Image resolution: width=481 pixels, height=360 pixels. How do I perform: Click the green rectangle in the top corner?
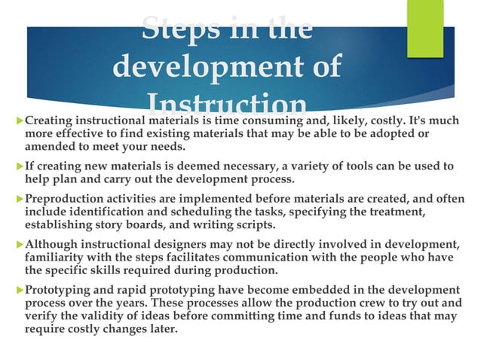[x=425, y=28]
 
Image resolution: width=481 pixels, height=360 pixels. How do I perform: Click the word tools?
[x=372, y=166]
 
